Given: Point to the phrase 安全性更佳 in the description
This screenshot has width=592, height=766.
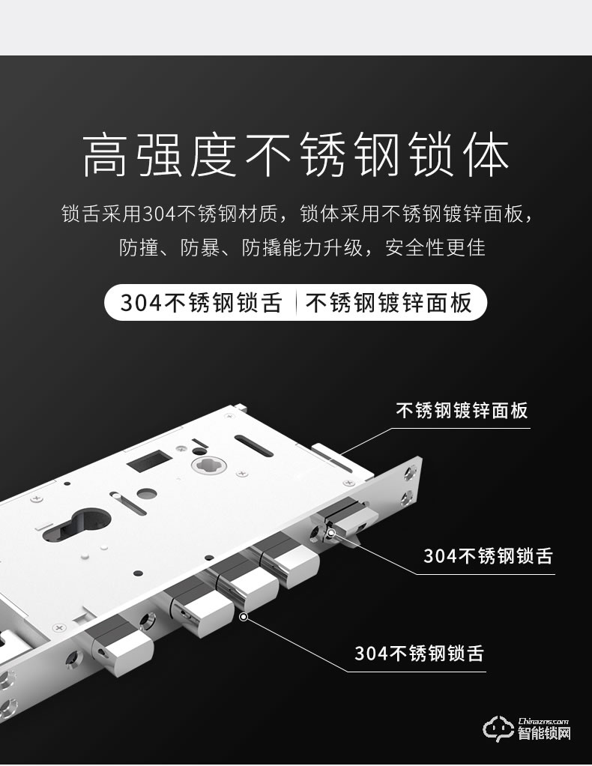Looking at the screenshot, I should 435,247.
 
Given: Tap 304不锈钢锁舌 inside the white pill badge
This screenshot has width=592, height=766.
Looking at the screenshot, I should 201,302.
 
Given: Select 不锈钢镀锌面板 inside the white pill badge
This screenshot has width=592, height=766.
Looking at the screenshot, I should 389,302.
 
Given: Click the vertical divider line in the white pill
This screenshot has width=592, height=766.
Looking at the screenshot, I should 297,302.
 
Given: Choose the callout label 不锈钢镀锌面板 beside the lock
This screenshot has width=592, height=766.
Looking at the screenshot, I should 462,411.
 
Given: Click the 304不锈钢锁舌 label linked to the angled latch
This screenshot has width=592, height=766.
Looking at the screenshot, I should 488,555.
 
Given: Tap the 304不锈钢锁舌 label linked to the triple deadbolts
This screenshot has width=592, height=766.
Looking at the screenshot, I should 419,653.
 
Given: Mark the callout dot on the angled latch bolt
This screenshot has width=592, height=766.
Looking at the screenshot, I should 331,533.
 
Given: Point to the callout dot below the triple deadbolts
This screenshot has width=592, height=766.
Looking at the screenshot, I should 243,617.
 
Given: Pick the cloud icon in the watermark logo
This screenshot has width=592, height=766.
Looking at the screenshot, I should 496,728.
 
